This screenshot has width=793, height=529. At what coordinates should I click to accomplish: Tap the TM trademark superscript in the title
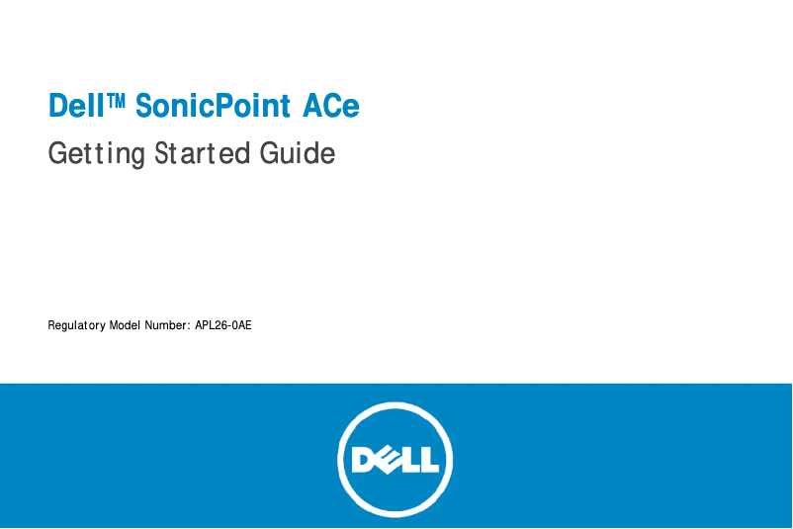click(117, 100)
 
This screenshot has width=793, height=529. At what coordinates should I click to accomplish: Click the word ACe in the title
click(331, 106)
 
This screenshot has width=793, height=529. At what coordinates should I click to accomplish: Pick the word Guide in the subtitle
click(297, 154)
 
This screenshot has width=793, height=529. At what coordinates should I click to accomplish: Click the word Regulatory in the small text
click(76, 325)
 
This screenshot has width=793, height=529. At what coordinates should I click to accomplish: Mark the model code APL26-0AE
click(223, 324)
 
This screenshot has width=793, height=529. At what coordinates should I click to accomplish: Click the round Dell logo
click(395, 459)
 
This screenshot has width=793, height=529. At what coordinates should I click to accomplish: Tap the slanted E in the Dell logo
click(387, 460)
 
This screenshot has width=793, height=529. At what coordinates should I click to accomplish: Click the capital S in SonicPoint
click(144, 106)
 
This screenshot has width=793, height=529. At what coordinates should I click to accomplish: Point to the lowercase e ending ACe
click(349, 108)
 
